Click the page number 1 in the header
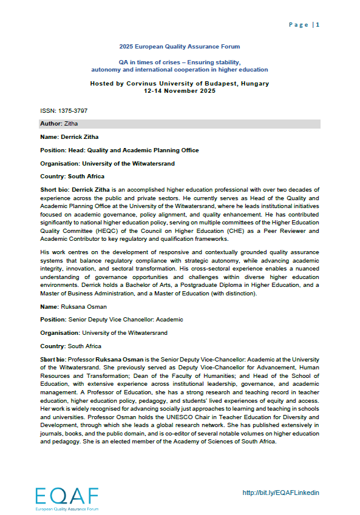click(318, 25)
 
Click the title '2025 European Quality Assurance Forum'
click(179, 47)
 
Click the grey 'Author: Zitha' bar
click(179, 124)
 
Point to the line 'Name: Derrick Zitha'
click(69, 137)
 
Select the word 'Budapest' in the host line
click(218, 84)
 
